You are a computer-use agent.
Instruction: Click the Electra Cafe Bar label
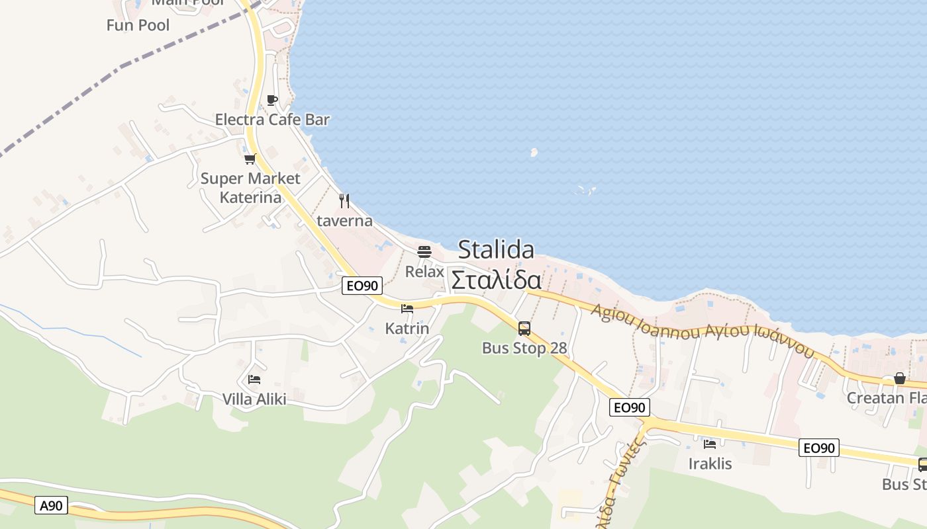(x=272, y=120)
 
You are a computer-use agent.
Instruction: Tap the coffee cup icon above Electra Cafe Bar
(x=271, y=100)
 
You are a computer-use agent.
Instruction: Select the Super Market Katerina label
(x=250, y=188)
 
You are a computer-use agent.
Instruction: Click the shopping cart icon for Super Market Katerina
(x=250, y=159)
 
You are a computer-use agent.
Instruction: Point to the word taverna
(x=344, y=221)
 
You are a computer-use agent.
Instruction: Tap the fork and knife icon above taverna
(x=344, y=200)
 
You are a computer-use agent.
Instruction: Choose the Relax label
(x=424, y=271)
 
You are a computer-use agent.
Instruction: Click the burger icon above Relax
(x=424, y=251)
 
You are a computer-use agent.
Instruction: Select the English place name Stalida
(x=496, y=250)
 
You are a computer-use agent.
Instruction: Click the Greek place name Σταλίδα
(x=496, y=280)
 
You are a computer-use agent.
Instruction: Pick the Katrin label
(x=407, y=329)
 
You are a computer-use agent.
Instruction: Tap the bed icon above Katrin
(x=407, y=308)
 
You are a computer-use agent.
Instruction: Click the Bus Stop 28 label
(x=524, y=348)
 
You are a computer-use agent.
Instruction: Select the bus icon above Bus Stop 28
(x=524, y=328)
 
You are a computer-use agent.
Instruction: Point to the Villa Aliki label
(x=254, y=399)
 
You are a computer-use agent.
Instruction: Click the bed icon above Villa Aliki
(x=254, y=379)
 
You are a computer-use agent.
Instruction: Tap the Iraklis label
(x=710, y=464)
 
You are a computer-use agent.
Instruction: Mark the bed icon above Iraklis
(x=710, y=444)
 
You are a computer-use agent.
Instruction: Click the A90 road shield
(x=51, y=506)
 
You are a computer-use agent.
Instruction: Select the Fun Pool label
(x=138, y=25)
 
